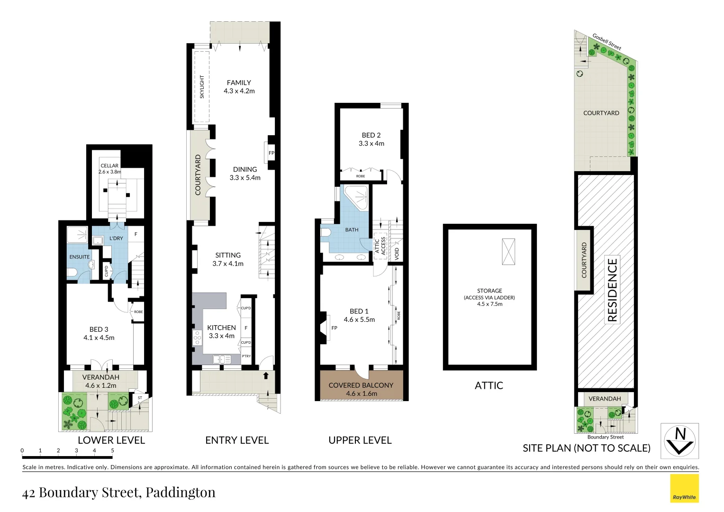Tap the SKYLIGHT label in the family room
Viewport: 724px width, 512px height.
coord(202,87)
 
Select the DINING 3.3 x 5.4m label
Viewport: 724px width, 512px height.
coord(245,173)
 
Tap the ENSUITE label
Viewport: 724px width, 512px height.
coord(80,257)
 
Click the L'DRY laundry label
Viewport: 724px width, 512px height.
coord(116,238)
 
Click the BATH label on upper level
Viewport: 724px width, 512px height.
coord(352,230)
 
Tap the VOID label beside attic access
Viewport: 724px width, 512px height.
coord(397,253)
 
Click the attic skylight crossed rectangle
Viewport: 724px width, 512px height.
coord(508,251)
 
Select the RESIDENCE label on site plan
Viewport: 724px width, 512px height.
coord(612,290)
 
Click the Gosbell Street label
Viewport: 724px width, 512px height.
coord(606,42)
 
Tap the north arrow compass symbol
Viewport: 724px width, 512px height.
coord(679,441)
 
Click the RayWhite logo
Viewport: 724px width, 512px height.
coord(684,488)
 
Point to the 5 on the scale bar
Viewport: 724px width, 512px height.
coord(112,451)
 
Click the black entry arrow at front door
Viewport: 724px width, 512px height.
coord(266,375)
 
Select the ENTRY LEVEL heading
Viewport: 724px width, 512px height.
coord(237,440)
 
